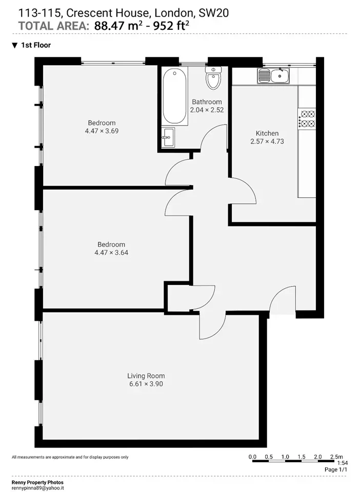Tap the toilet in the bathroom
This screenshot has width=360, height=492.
tap(213, 78)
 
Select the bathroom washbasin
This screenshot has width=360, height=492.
tap(169, 137)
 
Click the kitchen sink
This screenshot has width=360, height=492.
tap(273, 76)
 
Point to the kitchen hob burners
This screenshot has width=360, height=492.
tap(307, 118)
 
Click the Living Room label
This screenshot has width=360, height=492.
tap(146, 376)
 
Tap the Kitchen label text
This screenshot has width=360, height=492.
tap(267, 133)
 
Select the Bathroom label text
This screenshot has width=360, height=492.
tap(207, 101)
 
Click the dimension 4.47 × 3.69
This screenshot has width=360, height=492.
tap(102, 131)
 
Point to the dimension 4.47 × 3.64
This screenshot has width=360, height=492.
tap(111, 253)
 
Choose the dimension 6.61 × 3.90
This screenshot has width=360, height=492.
tap(146, 384)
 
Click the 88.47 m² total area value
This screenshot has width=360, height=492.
tap(116, 26)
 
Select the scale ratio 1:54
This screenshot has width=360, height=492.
tap(343, 463)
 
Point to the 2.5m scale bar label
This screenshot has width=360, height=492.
tap(336, 457)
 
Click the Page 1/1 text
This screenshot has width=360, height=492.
tap(336, 470)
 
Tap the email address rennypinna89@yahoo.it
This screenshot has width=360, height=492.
tap(37, 488)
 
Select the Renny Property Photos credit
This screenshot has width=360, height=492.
tap(37, 483)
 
